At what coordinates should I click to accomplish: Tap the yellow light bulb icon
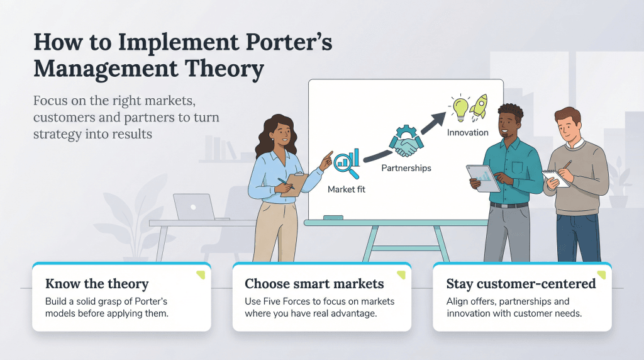tap(458, 107)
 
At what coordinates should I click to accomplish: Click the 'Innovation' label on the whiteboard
tap(467, 132)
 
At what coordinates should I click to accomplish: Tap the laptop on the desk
tap(194, 207)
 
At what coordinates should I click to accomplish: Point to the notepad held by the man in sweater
tap(556, 177)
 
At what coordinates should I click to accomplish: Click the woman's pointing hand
tap(326, 160)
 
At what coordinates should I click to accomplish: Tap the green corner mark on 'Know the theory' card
tap(200, 274)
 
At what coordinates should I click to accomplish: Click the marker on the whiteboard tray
tap(333, 217)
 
